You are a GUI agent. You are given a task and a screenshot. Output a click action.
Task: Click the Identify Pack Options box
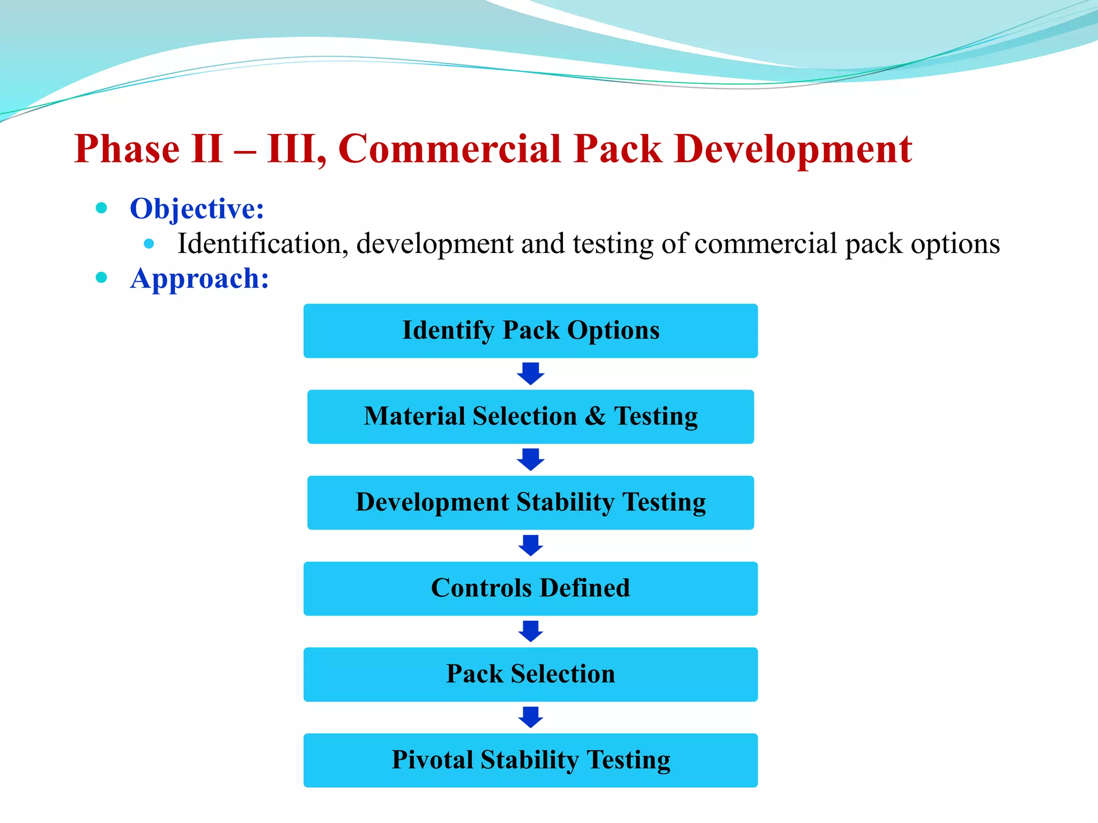pos(530,331)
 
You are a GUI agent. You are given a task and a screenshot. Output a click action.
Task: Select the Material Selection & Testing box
pos(530,416)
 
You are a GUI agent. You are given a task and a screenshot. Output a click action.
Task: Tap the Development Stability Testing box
pos(530,503)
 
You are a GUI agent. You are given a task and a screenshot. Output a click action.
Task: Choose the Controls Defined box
pos(530,588)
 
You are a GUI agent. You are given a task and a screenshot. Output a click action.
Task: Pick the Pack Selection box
pos(530,674)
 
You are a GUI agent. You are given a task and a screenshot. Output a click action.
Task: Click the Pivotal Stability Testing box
pos(530,760)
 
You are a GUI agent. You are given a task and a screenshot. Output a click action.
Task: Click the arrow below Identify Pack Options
pos(531,373)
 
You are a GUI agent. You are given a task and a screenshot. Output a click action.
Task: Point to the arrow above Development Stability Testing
pos(531,459)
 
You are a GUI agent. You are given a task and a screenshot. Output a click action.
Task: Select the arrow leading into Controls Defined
pos(531,545)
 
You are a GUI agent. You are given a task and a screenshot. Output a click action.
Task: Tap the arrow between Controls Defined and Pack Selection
pos(531,631)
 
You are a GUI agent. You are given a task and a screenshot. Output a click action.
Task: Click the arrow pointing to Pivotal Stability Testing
pos(531,717)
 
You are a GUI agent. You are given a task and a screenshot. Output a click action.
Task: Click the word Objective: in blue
pos(197,208)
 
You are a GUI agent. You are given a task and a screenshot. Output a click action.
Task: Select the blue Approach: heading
pos(199,278)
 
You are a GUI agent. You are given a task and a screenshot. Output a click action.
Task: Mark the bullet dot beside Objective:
pos(101,207)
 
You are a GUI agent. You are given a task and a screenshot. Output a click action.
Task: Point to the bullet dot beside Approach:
pos(101,277)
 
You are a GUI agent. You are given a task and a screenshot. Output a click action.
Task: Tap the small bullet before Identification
pos(149,244)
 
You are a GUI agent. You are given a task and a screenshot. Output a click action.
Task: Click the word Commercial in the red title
pos(450,149)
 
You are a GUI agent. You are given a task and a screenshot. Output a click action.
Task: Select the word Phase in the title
pos(127,149)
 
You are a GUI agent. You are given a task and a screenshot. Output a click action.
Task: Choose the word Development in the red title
pos(793,149)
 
